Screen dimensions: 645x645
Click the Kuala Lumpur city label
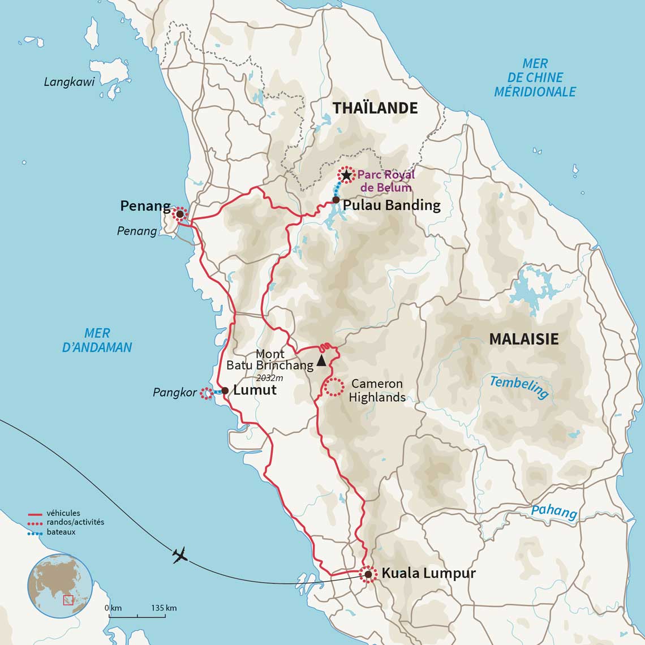coord(428,573)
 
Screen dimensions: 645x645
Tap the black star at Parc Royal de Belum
coord(346,175)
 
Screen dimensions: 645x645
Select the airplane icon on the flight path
coord(180,556)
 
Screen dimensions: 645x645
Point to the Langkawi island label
coord(69,83)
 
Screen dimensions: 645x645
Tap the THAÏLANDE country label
coord(375,108)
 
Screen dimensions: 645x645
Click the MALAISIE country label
coord(523,339)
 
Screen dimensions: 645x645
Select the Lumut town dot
coord(225,390)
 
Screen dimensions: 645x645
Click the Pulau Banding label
coord(392,205)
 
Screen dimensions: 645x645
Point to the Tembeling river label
coord(519,388)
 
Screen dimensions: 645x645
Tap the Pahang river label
coord(554,511)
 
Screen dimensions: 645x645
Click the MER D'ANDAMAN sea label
coord(97,341)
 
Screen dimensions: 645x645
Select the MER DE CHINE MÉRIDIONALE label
coord(535,78)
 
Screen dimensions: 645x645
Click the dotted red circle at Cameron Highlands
coord(334,387)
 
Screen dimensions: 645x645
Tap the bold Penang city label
coord(145,206)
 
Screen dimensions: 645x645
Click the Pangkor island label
coord(175,392)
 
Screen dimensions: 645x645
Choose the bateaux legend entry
coord(61,532)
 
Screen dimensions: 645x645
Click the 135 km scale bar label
coord(164,608)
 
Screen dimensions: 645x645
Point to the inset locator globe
coord(59,586)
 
